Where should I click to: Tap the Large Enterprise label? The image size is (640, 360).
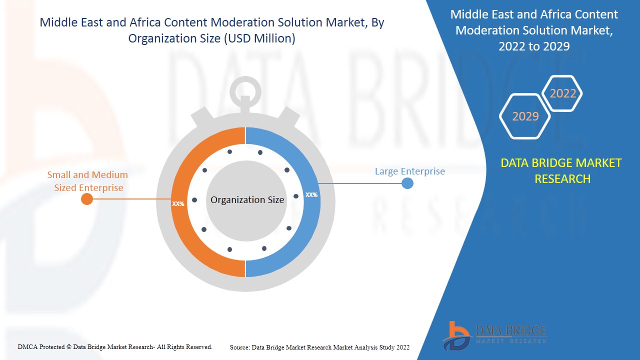pos(409,171)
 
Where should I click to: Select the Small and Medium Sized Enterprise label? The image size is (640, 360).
pos(87,181)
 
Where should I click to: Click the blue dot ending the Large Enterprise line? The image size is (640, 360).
pos(407,183)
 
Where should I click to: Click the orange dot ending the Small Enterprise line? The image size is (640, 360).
pos(87,199)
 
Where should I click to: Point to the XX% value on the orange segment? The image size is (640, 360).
pos(178,204)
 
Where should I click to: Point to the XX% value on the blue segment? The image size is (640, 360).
pos(311,195)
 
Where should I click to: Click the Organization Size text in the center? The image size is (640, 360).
pos(247,200)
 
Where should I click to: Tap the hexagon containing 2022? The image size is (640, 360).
pos(562,93)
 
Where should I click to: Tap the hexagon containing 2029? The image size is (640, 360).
pos(525,116)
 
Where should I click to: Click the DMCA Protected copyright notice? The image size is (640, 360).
pos(115,346)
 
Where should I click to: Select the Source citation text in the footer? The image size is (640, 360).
pos(319,347)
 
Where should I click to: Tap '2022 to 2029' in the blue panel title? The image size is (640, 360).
pos(534,46)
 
